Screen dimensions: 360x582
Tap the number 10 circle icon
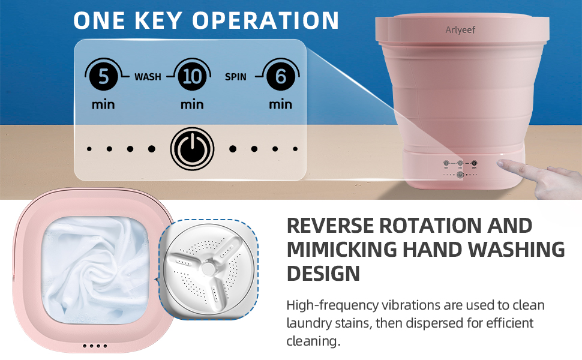pyautogui.click(x=191, y=77)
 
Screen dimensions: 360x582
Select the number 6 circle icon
pyautogui.click(x=280, y=77)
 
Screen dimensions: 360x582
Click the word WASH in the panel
pyautogui.click(x=148, y=77)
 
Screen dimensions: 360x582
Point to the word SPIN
pyautogui.click(x=236, y=77)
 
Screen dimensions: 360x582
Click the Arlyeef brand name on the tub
pyautogui.click(x=460, y=29)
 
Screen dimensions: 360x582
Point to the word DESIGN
pyautogui.click(x=323, y=274)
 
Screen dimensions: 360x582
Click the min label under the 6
pyautogui.click(x=280, y=104)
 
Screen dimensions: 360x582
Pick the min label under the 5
pyautogui.click(x=103, y=104)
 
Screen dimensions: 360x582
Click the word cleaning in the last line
pyautogui.click(x=313, y=341)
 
